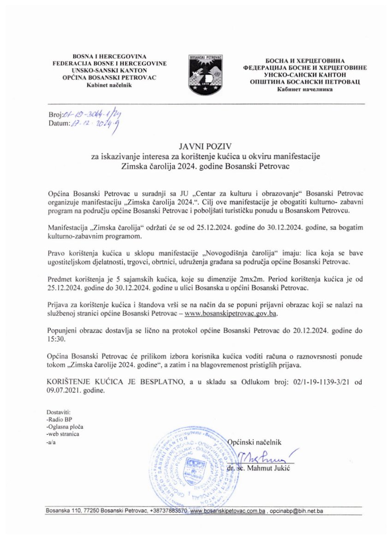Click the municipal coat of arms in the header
(205, 73)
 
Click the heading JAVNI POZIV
(196, 148)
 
